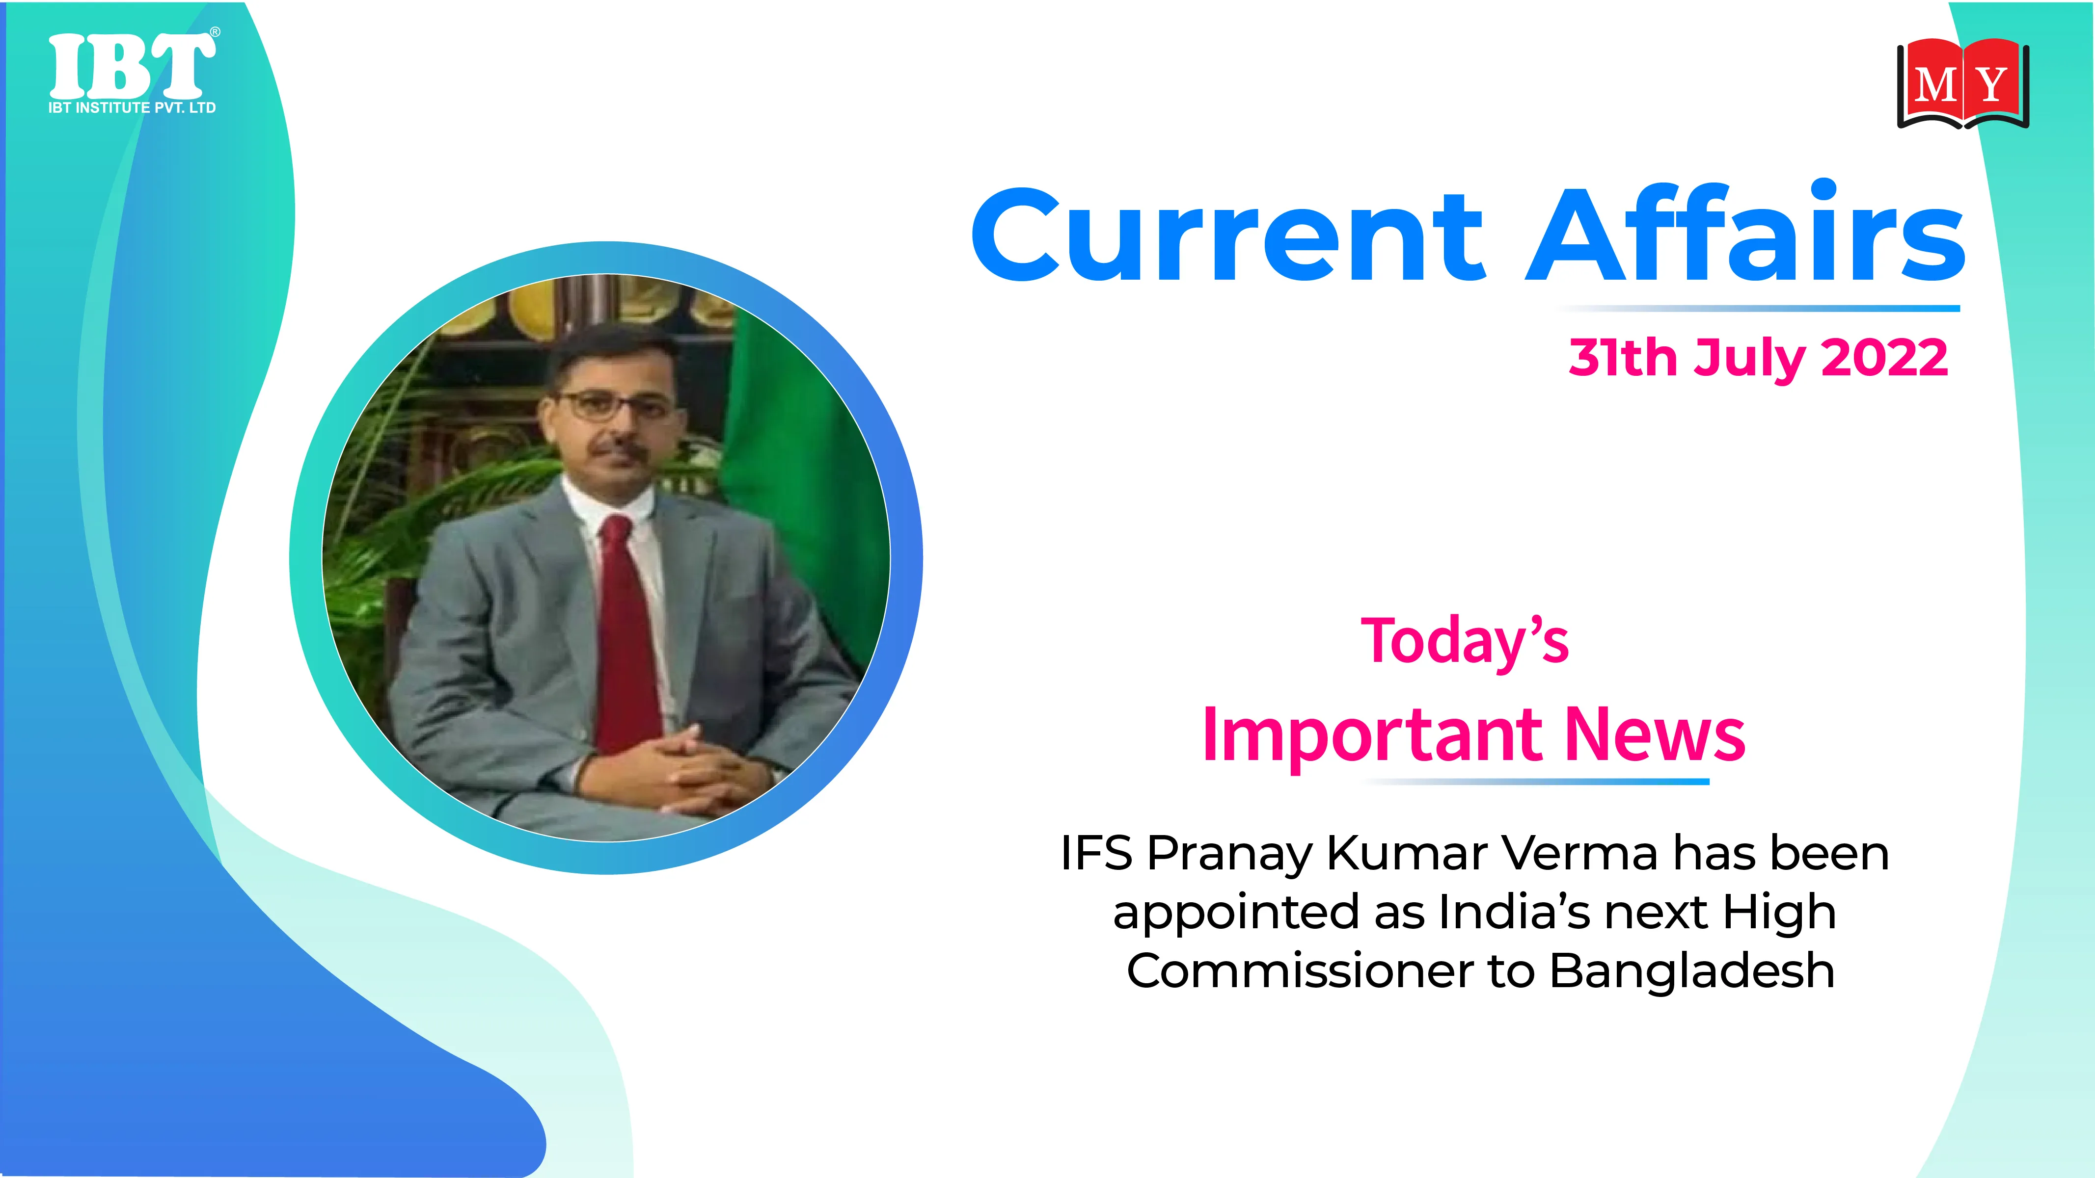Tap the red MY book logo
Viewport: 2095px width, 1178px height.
pos(1962,84)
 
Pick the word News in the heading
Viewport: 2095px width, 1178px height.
pos(1655,734)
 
